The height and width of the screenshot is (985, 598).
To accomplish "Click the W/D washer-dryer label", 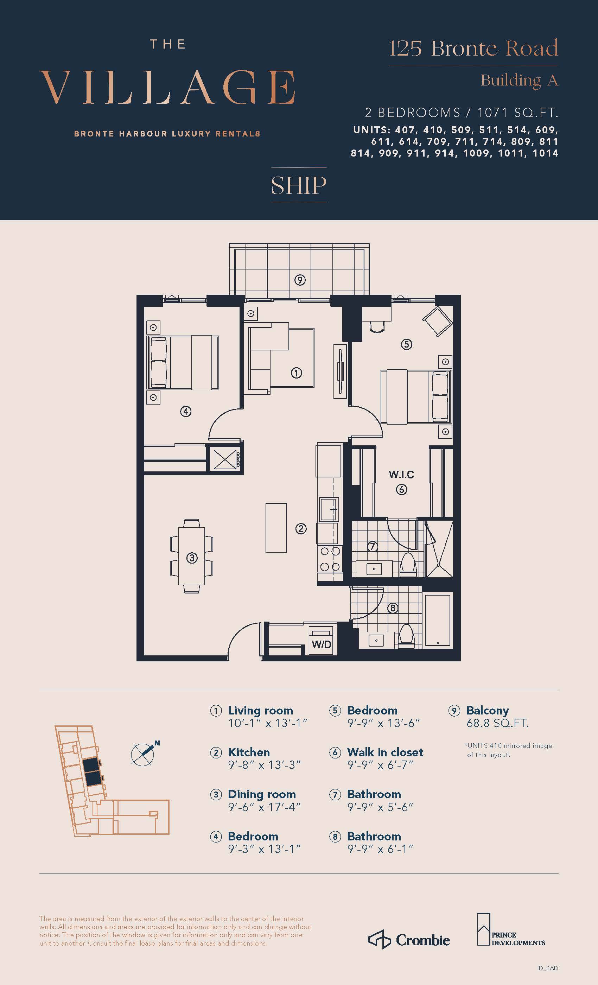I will point(322,644).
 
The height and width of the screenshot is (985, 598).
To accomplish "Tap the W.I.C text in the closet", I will point(401,475).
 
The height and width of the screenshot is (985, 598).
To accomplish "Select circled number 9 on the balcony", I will point(300,280).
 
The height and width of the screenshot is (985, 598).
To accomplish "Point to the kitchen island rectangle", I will point(276,528).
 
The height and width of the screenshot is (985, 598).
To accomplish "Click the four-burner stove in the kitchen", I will point(330,559).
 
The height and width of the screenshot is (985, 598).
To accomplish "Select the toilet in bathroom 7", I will point(408,564).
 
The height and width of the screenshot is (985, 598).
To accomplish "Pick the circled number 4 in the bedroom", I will point(185,411).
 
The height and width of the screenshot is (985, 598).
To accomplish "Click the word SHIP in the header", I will point(299,185).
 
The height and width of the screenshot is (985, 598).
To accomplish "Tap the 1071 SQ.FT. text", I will point(518,113).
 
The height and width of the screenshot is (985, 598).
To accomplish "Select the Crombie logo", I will point(409,940).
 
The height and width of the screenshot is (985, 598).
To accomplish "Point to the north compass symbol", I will point(144,754).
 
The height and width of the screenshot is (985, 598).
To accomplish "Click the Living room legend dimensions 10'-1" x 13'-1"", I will point(267,723).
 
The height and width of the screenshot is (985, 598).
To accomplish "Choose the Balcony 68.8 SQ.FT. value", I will point(497,723).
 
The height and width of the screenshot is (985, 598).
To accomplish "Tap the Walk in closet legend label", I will point(385,752).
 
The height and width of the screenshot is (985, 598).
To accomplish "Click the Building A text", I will point(519,80).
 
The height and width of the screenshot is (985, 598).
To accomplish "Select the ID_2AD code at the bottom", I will point(547,968).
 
